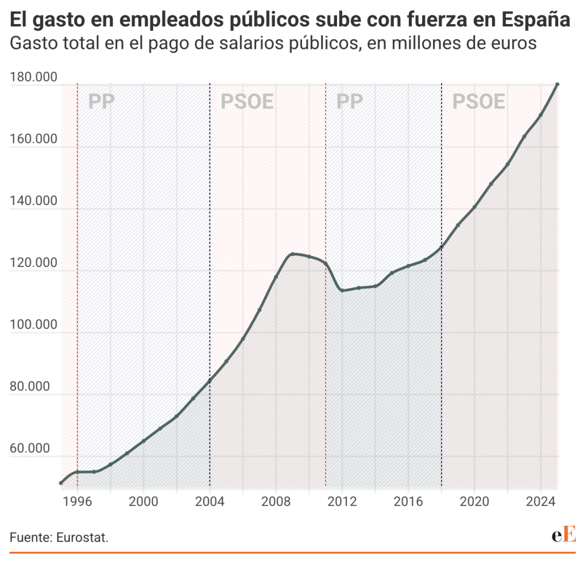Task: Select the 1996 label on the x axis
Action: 78,501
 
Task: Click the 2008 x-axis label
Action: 276,501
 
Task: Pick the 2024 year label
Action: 541,501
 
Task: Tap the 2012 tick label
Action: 342,501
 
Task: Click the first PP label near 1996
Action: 102,102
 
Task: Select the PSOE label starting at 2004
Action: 247,102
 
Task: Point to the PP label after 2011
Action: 350,102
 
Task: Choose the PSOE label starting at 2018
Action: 478,102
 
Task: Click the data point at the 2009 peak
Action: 292,254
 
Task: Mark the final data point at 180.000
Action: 557,84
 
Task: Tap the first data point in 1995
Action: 61,483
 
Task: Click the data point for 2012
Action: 342,290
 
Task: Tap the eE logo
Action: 563,535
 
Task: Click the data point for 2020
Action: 474,207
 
